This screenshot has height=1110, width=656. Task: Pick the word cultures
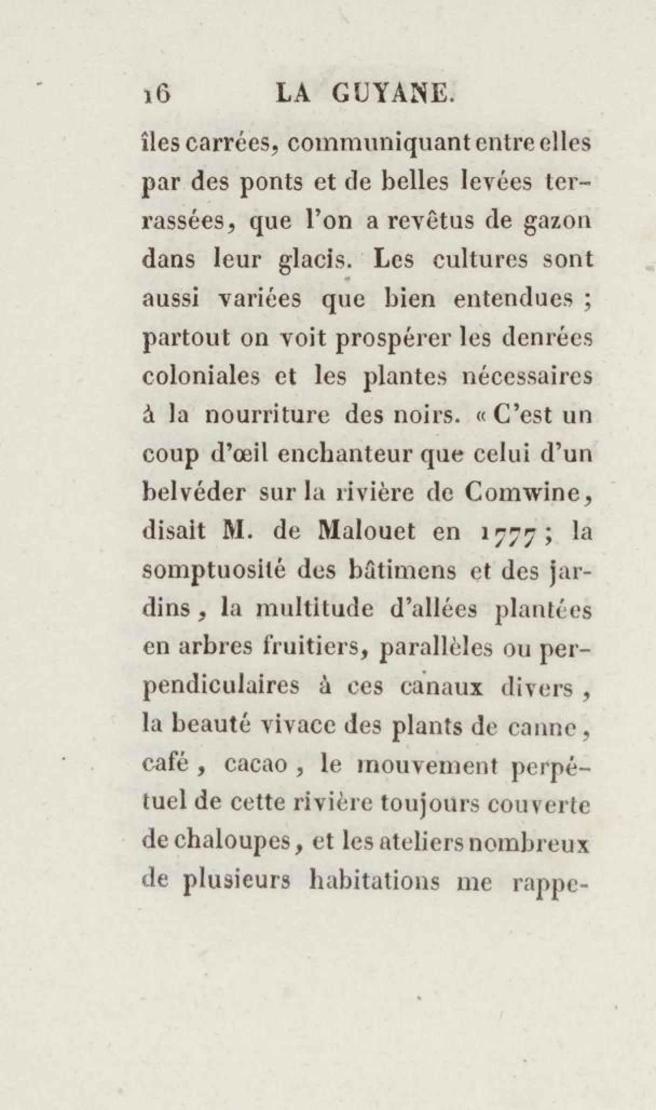(475, 260)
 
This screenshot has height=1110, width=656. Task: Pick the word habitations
(378, 881)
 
